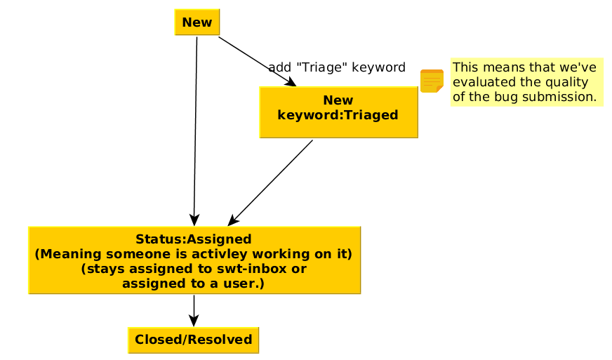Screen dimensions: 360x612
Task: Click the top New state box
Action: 197,22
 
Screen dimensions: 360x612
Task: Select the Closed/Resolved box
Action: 193,340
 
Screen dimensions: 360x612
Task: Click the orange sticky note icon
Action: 432,81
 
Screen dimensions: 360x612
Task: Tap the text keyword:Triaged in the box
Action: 338,115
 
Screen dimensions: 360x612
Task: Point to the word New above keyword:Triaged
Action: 338,100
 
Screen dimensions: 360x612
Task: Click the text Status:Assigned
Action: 194,239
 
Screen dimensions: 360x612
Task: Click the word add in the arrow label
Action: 279,67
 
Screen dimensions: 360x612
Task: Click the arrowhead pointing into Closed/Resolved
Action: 194,320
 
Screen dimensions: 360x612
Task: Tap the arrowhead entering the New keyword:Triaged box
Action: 289,81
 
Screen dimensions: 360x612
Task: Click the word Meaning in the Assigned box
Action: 70,254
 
